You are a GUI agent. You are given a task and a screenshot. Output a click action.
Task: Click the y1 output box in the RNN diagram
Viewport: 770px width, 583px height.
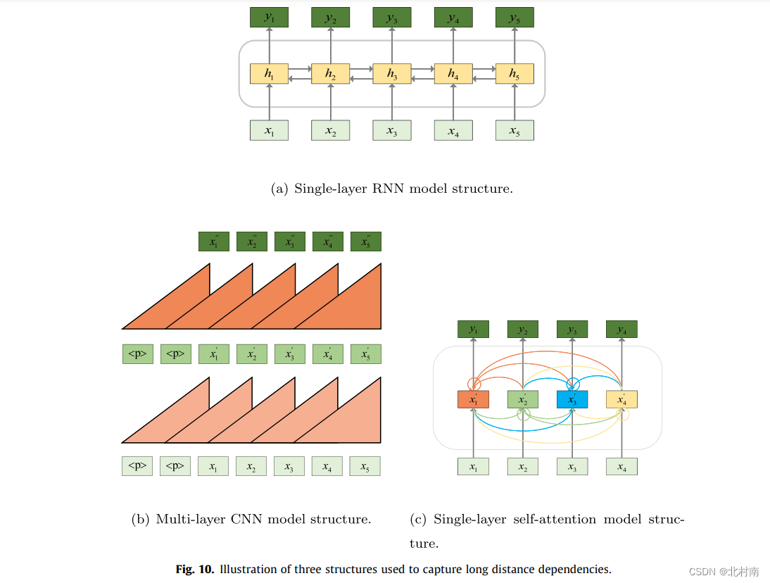(x=269, y=18)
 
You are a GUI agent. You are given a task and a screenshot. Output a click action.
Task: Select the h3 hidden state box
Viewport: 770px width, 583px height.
(x=391, y=74)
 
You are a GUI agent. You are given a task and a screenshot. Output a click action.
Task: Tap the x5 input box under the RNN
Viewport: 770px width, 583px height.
(x=515, y=130)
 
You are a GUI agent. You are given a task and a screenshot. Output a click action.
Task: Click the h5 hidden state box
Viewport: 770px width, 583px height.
(x=515, y=74)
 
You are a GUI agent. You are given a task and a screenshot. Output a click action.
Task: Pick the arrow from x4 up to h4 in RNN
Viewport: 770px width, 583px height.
(x=453, y=102)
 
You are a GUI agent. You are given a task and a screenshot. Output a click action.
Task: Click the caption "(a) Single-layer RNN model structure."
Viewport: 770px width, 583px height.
(x=391, y=189)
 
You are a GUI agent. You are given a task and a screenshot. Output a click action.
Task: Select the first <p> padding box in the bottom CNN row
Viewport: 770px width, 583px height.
(x=137, y=466)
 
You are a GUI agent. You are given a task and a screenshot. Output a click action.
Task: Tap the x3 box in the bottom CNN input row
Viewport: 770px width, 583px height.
(x=289, y=466)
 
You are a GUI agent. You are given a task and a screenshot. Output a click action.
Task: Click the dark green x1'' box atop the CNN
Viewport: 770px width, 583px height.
(x=213, y=242)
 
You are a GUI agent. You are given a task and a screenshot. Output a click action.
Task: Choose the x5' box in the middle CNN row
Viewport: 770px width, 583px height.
(x=365, y=354)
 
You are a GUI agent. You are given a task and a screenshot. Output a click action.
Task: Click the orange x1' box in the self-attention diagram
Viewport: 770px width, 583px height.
(x=473, y=399)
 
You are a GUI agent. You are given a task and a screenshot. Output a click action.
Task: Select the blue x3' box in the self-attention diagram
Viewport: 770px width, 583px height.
(x=572, y=399)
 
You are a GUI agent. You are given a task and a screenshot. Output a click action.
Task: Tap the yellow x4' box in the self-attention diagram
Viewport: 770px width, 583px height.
(x=621, y=399)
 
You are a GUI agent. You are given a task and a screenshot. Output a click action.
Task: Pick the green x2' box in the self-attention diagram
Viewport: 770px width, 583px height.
(x=522, y=399)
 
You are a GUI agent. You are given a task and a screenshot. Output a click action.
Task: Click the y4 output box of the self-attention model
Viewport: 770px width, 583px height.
(x=621, y=329)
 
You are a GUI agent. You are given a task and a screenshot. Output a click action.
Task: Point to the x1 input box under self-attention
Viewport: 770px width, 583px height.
(x=473, y=466)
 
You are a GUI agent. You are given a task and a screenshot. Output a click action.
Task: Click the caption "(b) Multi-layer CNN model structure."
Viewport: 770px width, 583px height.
(x=251, y=520)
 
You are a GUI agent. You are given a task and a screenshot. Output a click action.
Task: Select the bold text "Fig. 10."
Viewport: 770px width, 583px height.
(x=195, y=570)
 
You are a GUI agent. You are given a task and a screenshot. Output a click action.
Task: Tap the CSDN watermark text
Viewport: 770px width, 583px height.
(x=724, y=571)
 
